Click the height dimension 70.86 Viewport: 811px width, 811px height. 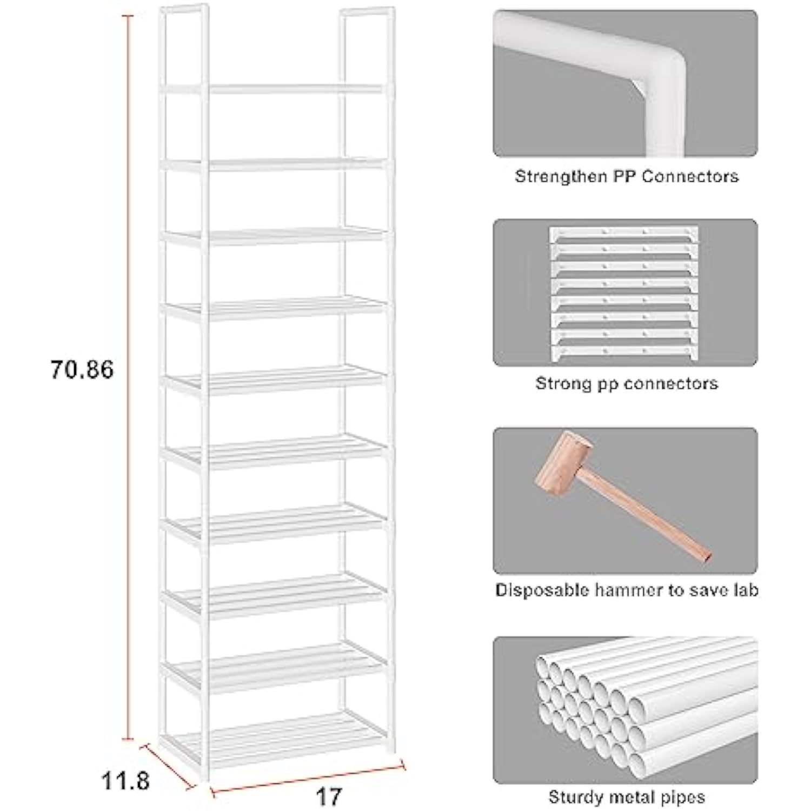[82, 370]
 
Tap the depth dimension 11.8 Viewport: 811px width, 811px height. [125, 781]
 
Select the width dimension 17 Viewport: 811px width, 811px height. [329, 797]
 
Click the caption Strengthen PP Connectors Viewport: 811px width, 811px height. [626, 176]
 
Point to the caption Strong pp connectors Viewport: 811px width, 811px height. [626, 383]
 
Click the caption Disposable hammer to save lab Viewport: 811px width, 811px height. [626, 590]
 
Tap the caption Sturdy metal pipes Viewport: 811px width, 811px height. [626, 797]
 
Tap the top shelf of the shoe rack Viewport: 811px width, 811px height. [295, 89]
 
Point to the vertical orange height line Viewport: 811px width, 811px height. [128, 378]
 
